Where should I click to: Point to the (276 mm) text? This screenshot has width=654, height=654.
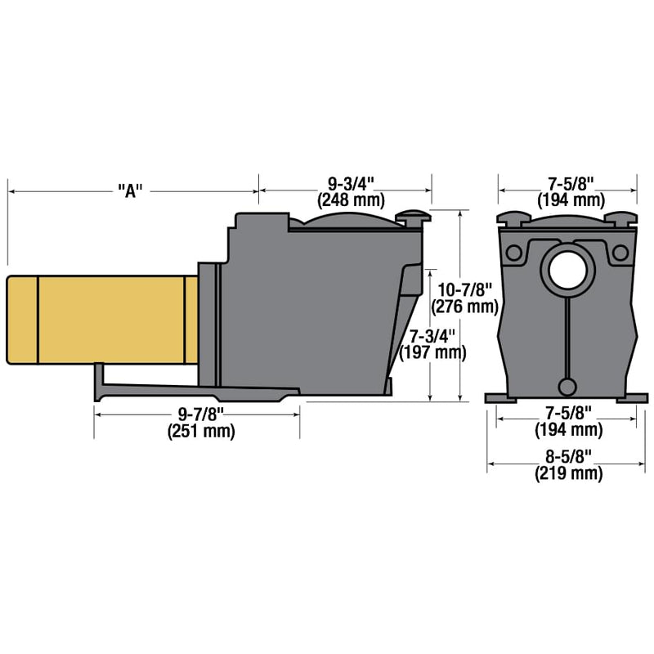464,307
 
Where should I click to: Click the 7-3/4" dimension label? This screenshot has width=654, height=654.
432,336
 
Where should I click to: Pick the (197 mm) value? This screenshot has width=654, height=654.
432,353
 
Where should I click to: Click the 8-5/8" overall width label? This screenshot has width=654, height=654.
568,457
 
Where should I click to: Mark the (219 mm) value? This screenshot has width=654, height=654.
568,473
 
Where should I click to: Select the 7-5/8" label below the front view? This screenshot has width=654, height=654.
567,411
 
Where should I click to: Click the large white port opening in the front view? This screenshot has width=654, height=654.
567,271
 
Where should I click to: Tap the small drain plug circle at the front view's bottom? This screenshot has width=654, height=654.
567,387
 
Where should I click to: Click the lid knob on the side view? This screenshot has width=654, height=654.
412,217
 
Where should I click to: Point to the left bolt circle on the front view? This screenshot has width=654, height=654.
513,253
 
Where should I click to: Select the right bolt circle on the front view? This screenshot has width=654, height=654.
620,253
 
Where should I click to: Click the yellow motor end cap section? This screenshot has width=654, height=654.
21,320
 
